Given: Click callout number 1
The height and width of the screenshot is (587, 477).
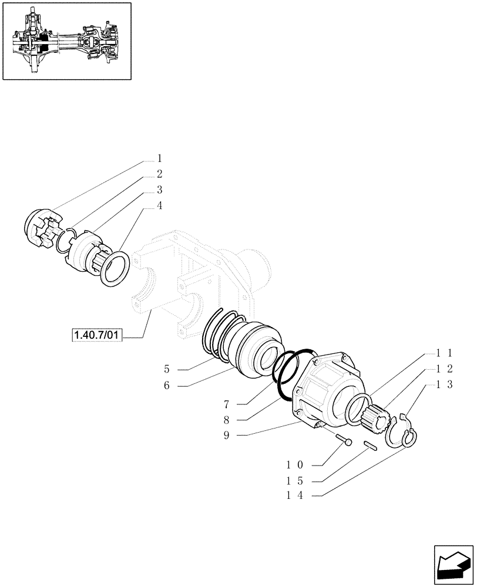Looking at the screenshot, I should pos(159,158).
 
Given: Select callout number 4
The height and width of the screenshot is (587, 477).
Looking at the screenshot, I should pos(159,205).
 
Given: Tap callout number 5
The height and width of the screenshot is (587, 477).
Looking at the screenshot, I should pos(167,369).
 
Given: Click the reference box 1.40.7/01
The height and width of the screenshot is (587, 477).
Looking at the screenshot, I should pos(96,336).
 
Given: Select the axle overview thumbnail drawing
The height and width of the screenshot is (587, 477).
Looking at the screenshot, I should pos(66,41).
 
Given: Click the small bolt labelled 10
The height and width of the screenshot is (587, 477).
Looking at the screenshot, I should pos(342,438).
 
